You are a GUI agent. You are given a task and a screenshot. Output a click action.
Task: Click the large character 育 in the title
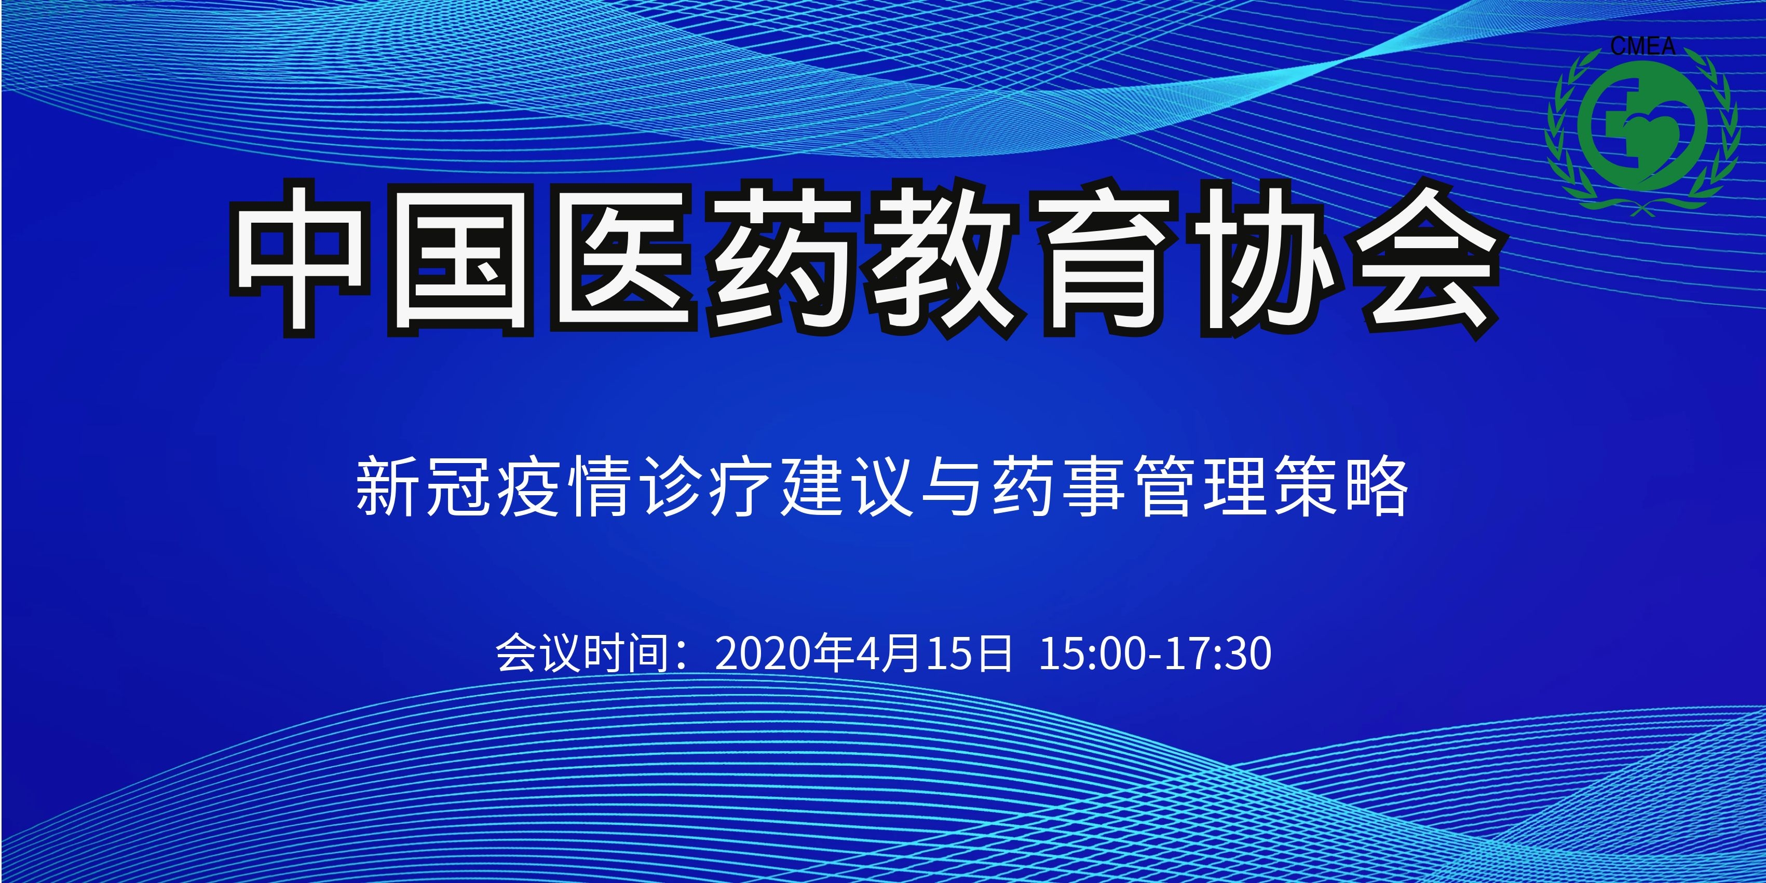pyautogui.click(x=1107, y=259)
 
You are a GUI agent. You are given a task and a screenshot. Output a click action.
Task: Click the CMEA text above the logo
pyautogui.click(x=1642, y=47)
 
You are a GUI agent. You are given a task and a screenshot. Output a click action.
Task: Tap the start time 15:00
pyautogui.click(x=1093, y=654)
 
